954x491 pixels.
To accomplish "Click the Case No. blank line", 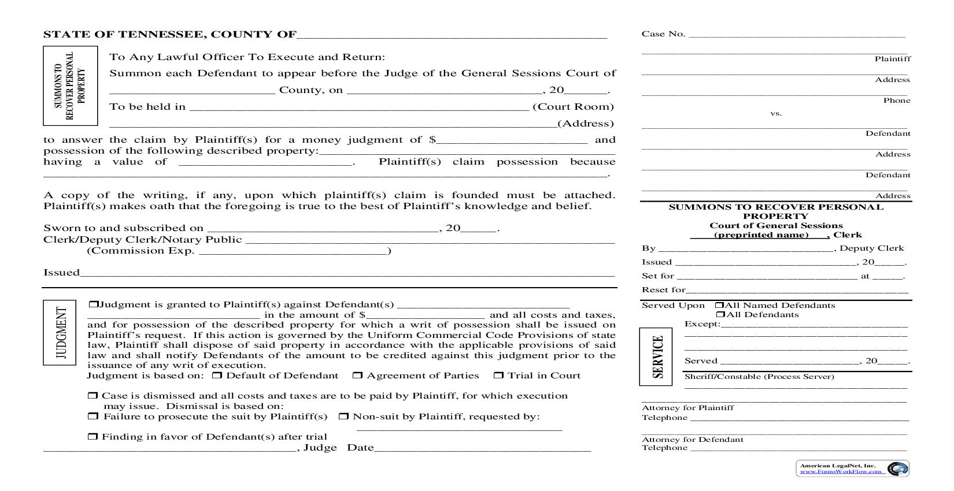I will point(797,35).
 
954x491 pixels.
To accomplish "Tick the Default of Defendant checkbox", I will point(217,376).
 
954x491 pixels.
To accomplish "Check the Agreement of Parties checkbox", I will point(357,376).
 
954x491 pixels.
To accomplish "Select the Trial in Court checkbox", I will point(498,376).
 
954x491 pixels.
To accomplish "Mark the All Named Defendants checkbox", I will point(719,306).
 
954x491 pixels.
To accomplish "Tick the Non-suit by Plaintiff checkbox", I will point(343,416).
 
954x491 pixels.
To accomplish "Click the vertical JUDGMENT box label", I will point(60,333).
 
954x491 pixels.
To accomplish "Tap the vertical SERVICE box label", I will point(656,356).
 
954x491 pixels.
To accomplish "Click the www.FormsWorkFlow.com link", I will point(841,471).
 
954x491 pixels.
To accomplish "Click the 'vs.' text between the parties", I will point(776,113).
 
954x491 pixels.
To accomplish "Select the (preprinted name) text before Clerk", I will point(761,235).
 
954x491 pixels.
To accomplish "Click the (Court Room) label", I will point(573,107).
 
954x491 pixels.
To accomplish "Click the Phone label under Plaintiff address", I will point(897,101).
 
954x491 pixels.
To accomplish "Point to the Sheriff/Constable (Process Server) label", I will point(759,377).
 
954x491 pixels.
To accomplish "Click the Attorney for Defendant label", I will point(692,440).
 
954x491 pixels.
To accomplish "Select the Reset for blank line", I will point(797,290).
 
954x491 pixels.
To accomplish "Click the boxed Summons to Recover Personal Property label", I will point(70,86).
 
